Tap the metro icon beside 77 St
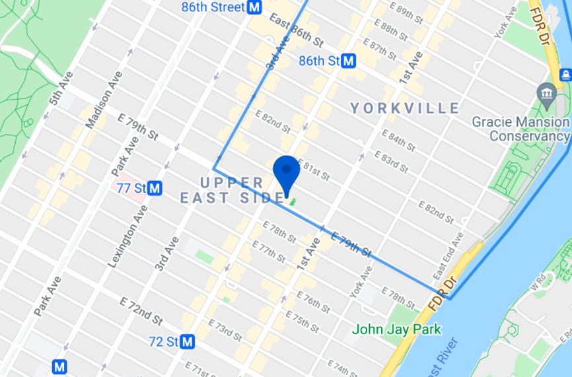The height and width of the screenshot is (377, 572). pos(155,188)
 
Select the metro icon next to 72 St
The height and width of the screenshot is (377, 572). pos(188,342)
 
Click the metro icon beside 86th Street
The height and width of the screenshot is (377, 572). pos(254,8)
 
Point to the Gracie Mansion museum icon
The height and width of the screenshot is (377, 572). pos(547,93)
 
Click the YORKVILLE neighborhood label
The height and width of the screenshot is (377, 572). pos(405,108)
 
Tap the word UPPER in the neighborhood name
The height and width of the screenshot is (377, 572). pos(223,182)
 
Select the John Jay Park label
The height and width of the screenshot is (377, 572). pos(396,329)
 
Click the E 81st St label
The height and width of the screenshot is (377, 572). pos(313,170)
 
